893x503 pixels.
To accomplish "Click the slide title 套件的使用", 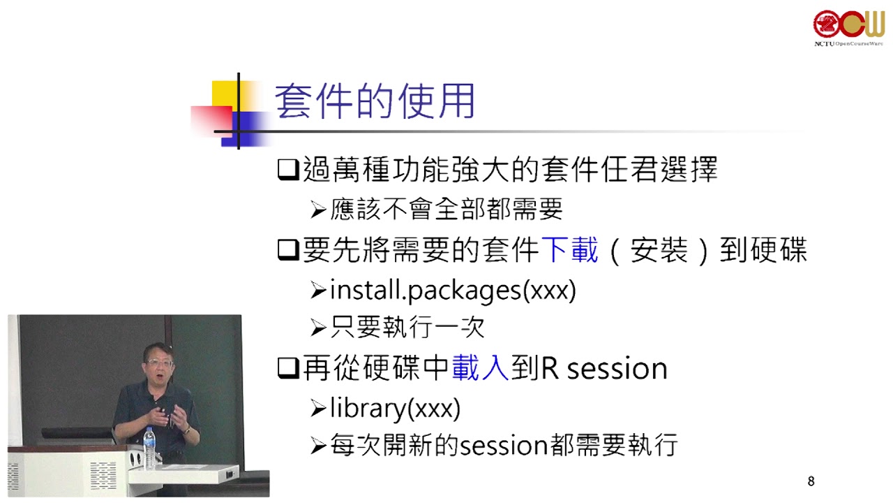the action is (375, 101).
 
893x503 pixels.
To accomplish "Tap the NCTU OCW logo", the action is (848, 28).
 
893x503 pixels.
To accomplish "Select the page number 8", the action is (811, 481).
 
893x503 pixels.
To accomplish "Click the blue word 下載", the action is (569, 250).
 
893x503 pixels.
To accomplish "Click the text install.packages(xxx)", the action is (453, 291).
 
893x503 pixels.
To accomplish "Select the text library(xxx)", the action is (395, 409).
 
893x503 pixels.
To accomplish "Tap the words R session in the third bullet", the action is (604, 368).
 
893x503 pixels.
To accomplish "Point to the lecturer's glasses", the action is (159, 363).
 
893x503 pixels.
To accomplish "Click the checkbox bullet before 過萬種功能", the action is (288, 170).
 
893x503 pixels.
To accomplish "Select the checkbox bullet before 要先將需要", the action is (288, 250).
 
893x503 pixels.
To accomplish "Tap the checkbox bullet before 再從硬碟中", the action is (288, 368).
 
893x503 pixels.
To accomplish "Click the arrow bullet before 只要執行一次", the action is (318, 328).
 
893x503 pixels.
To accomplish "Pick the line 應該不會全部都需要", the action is (446, 209).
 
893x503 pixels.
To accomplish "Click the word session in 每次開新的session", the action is (504, 446).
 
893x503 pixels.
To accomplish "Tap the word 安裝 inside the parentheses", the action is (659, 250).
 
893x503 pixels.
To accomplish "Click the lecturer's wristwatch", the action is (186, 430).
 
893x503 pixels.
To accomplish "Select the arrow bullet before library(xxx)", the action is (318, 409).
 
